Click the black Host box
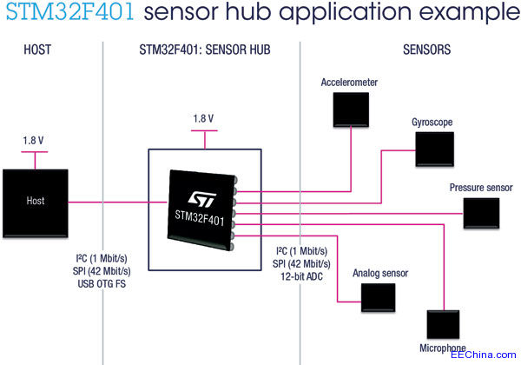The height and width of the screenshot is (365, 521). [35, 201]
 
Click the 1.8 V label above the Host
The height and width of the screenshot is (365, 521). [35, 140]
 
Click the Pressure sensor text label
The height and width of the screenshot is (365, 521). [480, 187]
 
